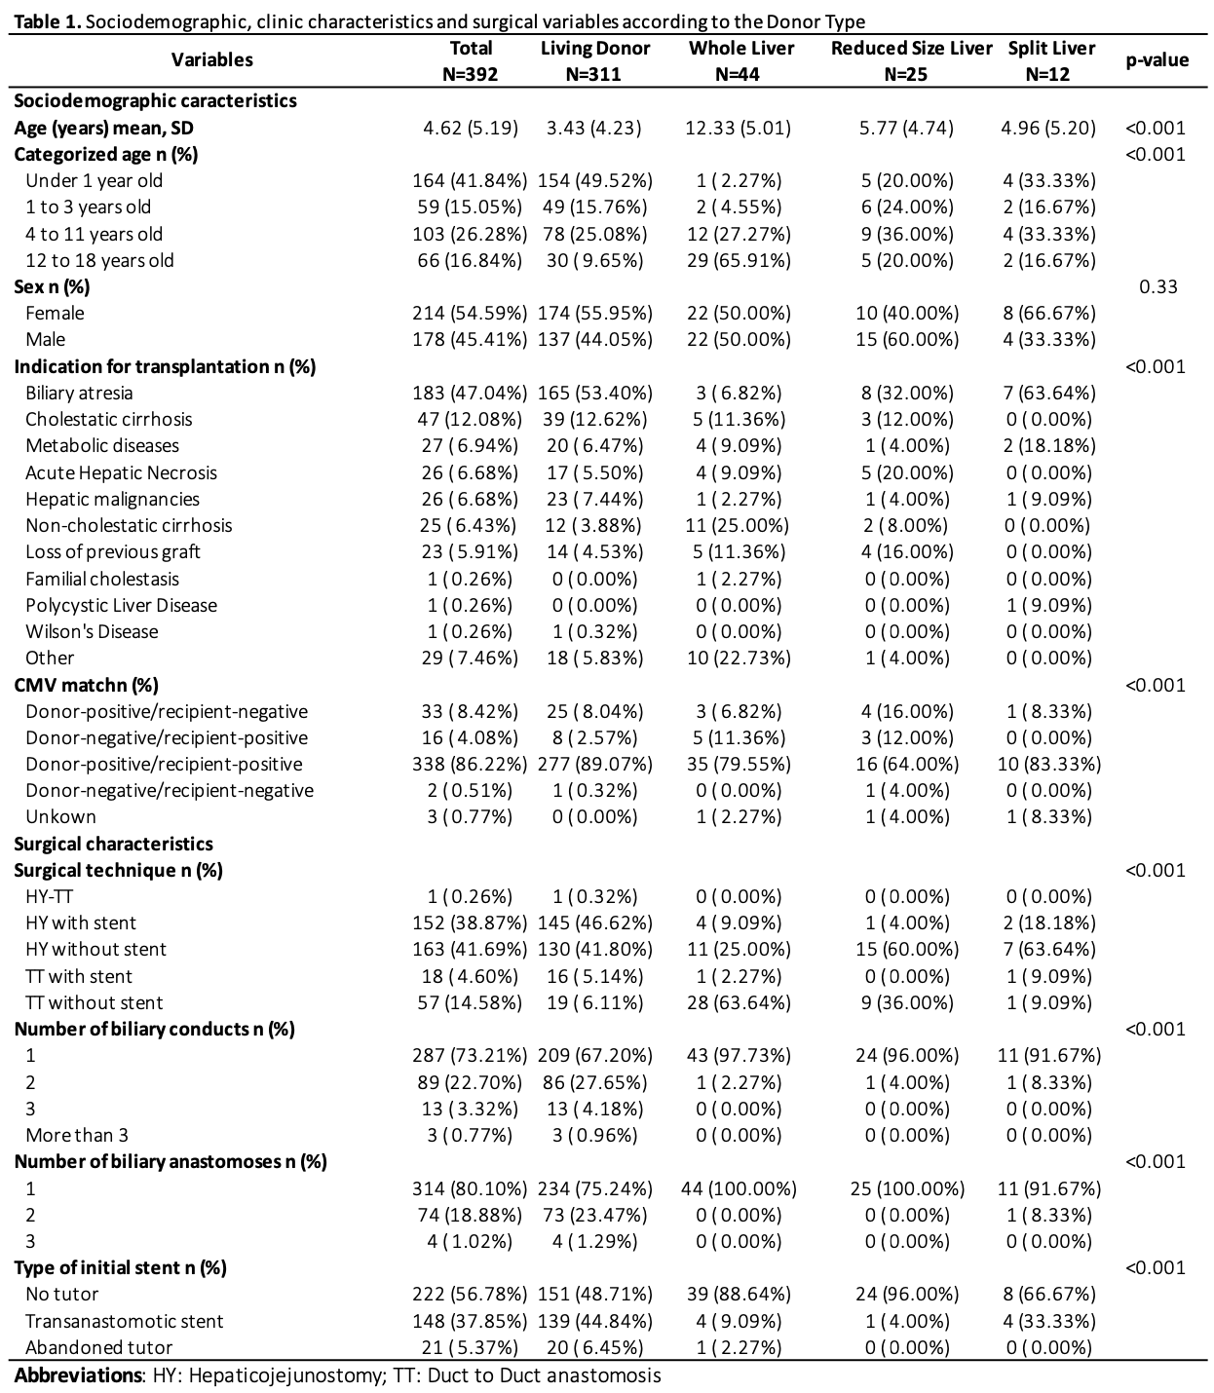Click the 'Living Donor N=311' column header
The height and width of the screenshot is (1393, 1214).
pos(594,60)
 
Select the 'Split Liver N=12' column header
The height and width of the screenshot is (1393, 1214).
pos(1050,60)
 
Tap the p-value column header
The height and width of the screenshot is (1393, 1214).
pos(1157,60)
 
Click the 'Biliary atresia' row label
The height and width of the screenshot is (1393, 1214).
pos(79,393)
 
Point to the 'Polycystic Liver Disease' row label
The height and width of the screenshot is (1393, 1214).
pos(121,605)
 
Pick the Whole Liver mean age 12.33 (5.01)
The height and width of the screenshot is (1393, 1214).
pos(739,128)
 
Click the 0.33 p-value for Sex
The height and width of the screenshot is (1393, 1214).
pos(1157,286)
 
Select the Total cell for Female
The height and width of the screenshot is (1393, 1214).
pos(469,314)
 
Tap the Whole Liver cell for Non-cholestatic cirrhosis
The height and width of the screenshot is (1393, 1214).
pos(739,526)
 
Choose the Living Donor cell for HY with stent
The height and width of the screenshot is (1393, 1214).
pos(594,922)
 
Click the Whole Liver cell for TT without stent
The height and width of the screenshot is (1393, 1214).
pos(739,1002)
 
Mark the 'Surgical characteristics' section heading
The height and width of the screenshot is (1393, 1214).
pos(113,844)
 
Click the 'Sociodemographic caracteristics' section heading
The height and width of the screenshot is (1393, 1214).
pos(155,100)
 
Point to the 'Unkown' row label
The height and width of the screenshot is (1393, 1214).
pos(60,816)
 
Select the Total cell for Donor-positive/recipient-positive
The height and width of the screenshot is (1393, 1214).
pos(469,764)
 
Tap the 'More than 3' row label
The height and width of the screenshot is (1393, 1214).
pos(76,1135)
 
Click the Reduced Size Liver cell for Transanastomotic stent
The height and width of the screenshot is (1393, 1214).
pos(906,1321)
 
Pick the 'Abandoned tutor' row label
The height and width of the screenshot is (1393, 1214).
pos(98,1347)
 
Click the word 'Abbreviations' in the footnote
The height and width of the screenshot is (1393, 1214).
pos(78,1375)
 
